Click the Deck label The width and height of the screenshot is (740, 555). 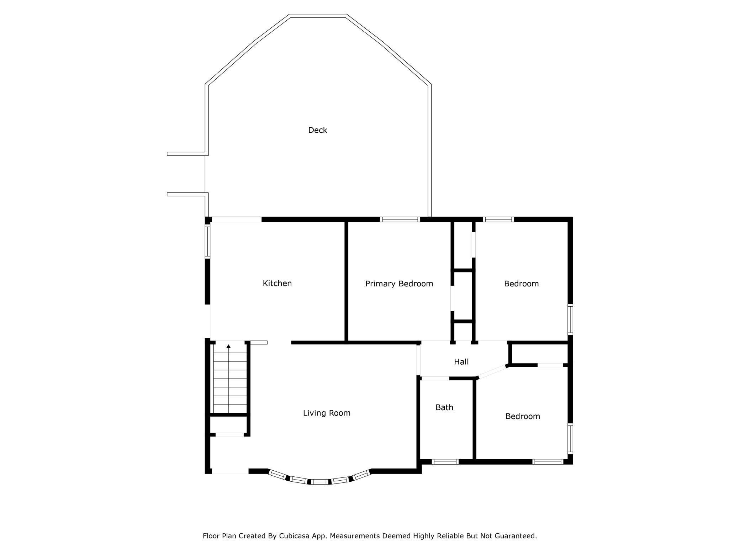317,130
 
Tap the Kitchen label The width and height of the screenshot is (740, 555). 277,283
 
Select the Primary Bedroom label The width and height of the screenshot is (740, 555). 399,284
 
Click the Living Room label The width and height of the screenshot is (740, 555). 326,413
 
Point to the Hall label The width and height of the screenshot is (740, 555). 461,362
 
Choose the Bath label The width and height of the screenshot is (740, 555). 444,407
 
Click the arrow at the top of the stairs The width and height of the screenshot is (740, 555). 228,346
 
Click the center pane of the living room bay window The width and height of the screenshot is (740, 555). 319,482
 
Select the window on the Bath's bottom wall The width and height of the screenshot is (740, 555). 445,462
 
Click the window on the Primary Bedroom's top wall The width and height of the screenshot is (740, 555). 400,219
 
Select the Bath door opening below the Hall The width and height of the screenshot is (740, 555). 435,379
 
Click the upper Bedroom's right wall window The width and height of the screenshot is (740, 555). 570,319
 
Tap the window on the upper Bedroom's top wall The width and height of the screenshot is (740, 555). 498,219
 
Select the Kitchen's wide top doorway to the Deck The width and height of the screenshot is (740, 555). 237,220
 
